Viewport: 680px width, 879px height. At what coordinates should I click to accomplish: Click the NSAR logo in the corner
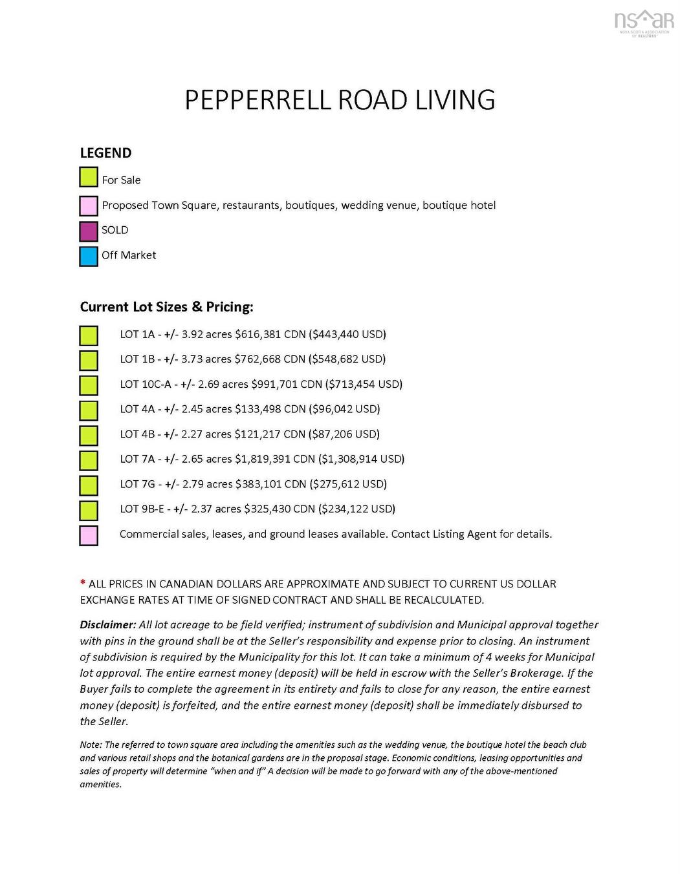tap(644, 22)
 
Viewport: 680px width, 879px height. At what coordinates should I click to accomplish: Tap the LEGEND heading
tap(105, 153)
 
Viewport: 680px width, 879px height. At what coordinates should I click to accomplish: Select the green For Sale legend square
tap(89, 177)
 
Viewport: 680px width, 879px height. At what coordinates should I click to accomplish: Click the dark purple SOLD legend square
tap(89, 231)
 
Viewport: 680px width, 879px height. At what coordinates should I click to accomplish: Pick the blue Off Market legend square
tap(89, 256)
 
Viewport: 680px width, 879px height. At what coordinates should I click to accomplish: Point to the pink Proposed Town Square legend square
tap(89, 206)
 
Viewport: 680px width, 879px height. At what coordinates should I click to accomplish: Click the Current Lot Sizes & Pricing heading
tap(166, 307)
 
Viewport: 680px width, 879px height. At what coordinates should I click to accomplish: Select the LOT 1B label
tap(137, 359)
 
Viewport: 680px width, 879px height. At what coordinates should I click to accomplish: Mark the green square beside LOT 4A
tap(89, 410)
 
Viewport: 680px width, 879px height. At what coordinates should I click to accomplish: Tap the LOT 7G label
tap(137, 484)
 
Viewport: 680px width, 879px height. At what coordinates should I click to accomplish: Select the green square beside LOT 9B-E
tap(89, 511)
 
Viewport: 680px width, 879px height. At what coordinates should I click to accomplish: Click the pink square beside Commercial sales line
tap(89, 536)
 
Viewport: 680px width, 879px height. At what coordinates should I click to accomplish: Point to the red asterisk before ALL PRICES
tap(83, 583)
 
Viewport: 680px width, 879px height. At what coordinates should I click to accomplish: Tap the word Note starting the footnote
tap(90, 745)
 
